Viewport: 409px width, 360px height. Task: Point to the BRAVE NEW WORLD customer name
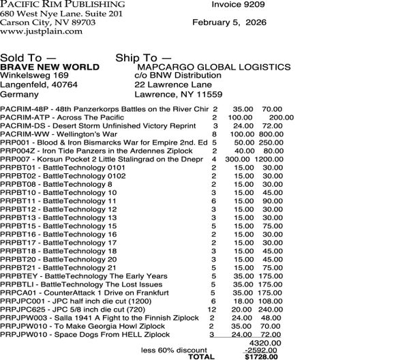tap(50, 67)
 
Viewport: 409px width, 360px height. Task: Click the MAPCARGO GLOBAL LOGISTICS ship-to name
tap(213, 67)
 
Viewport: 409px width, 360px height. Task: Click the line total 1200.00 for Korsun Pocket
tap(269, 158)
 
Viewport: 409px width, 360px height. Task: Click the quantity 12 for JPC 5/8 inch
tap(212, 309)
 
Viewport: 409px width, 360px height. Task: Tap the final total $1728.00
tap(260, 357)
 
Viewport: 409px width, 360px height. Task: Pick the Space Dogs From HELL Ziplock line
tap(85, 335)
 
